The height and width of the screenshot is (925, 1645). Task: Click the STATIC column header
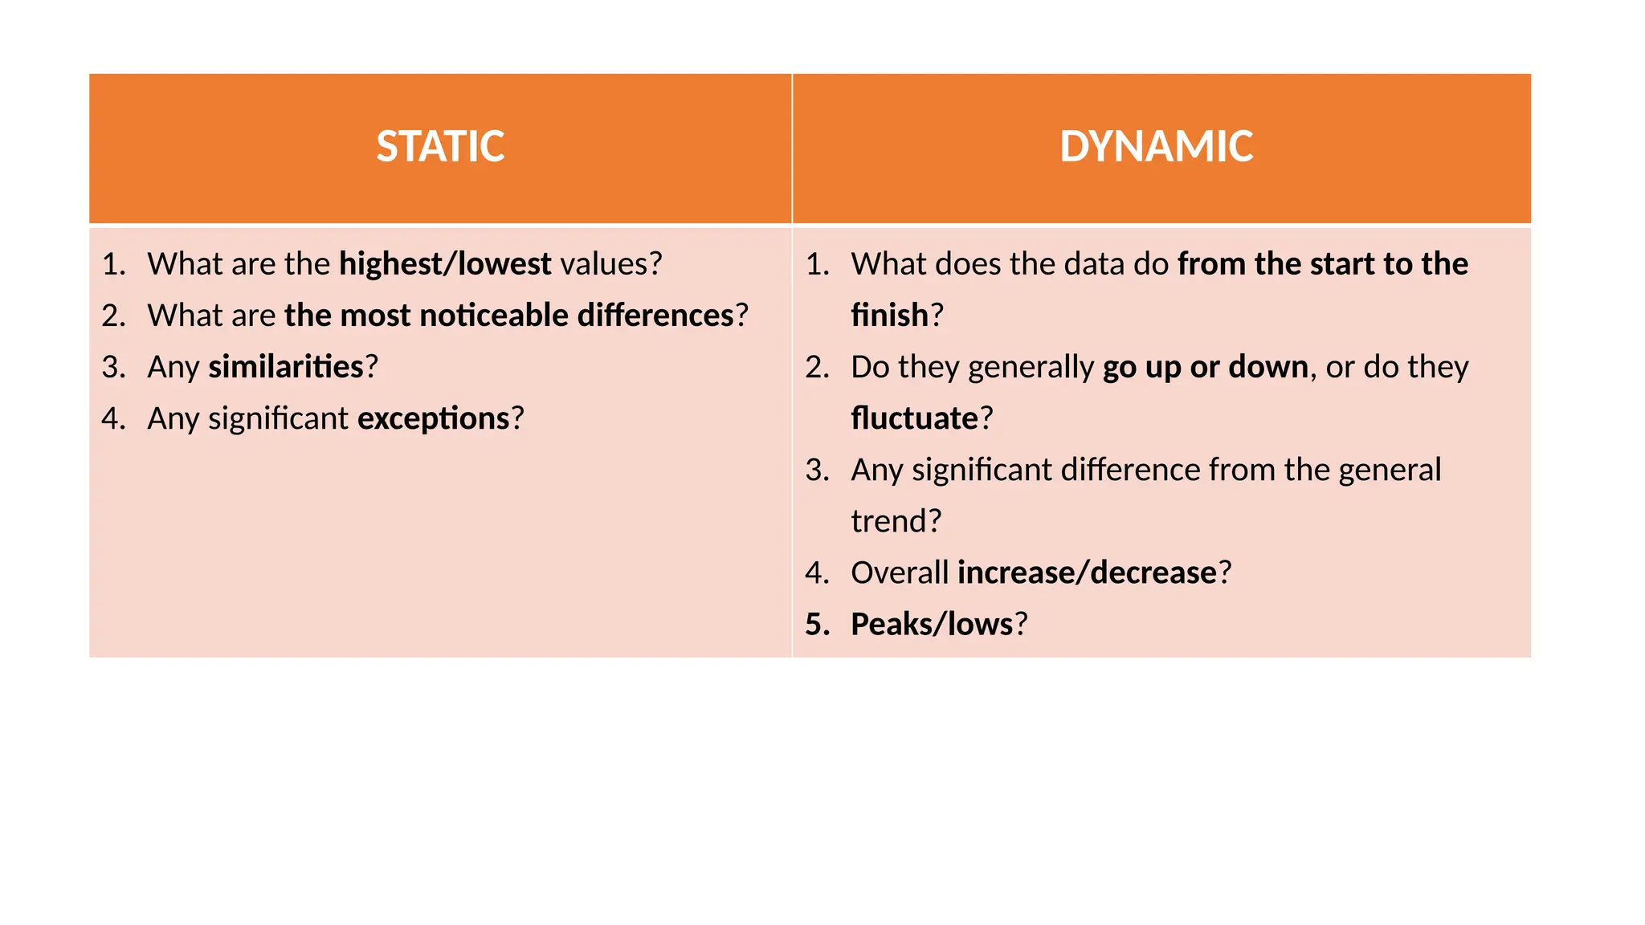[x=440, y=147]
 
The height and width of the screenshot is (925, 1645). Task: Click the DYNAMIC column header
[x=1156, y=147]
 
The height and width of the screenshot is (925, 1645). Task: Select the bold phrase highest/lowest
[x=445, y=264]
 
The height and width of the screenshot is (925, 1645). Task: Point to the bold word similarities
[x=286, y=367]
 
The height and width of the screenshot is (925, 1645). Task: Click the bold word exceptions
[x=434, y=418]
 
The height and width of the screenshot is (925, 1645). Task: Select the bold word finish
[x=889, y=316]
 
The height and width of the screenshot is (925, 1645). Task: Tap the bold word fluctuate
[x=914, y=418]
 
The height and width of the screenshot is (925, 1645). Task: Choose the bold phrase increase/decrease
[x=1087, y=573]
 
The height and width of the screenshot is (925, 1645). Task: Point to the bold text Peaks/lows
[x=932, y=624]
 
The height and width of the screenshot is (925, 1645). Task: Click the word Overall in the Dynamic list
[x=900, y=573]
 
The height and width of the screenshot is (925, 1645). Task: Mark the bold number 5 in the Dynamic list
[x=815, y=624]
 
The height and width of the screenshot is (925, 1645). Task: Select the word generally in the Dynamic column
[x=1031, y=367]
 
